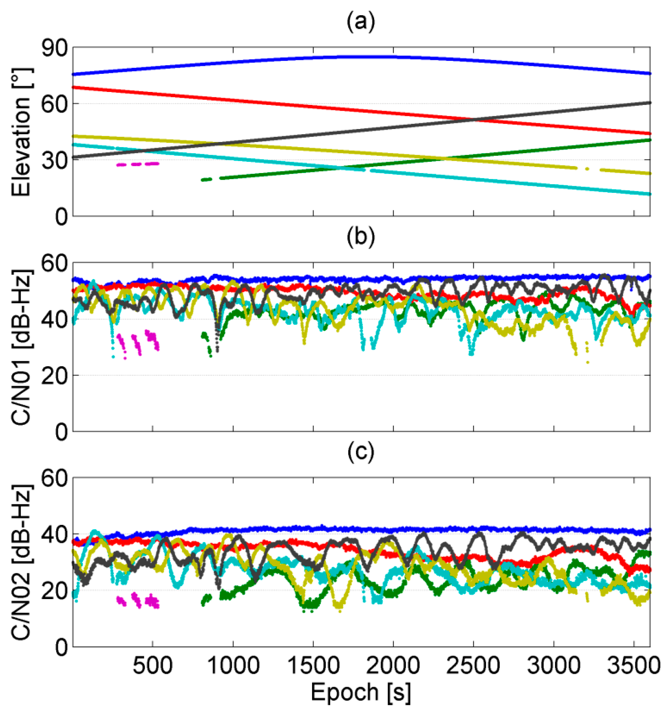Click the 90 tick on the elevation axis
(54, 48)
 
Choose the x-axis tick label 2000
(393, 665)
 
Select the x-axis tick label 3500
(633, 665)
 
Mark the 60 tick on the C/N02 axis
(54, 478)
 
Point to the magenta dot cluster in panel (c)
(137, 600)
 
